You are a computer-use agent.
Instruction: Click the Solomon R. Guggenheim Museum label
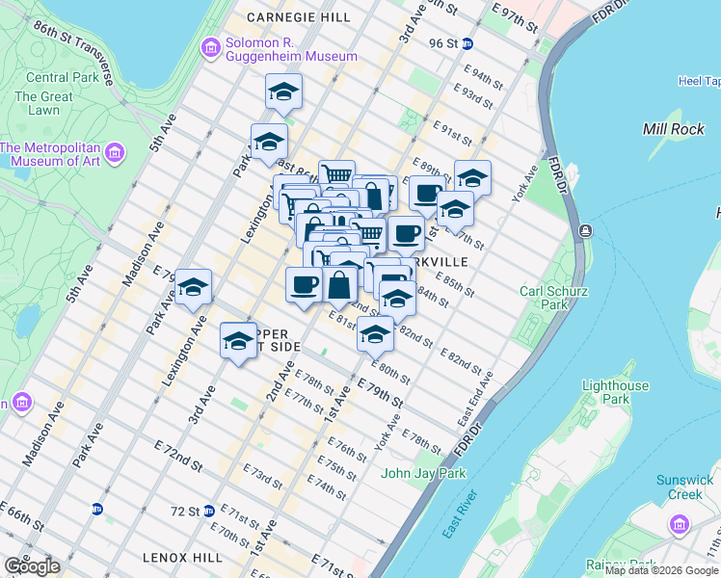279,49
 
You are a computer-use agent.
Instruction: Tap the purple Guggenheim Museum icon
210,48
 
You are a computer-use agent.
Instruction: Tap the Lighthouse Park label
616,392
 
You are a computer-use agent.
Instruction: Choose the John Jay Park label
423,473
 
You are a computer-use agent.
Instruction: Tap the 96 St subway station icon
467,43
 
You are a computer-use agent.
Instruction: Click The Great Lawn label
43,103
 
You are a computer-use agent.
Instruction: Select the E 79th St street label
380,391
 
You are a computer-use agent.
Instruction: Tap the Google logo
32,565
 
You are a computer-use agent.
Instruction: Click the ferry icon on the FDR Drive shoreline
584,231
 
